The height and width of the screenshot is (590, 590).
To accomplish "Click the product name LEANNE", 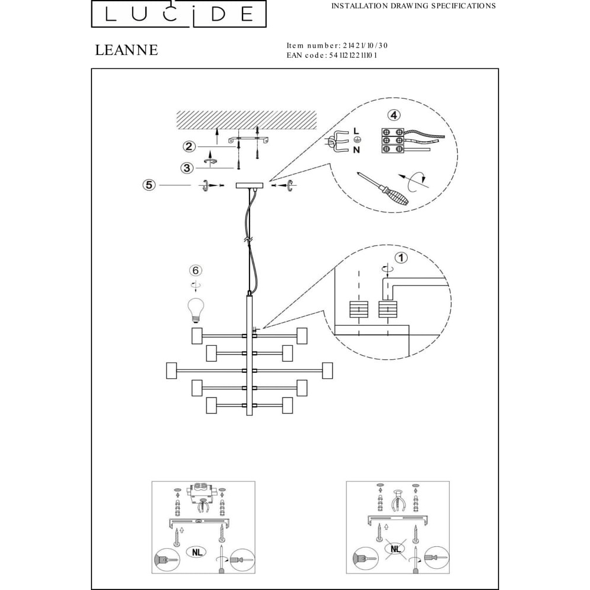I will point(126,50).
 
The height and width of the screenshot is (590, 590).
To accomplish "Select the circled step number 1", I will point(401,257).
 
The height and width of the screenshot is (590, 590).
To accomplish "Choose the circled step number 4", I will point(394,116).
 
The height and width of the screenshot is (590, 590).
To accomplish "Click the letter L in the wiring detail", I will point(356,130).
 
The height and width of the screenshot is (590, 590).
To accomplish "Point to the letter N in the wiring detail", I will point(356,150).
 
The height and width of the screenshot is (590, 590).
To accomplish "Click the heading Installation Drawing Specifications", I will point(413,6).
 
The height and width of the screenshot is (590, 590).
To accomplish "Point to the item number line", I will point(337,45).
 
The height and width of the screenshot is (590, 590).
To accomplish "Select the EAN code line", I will point(332,55).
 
